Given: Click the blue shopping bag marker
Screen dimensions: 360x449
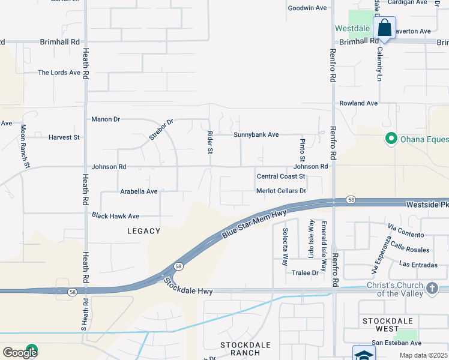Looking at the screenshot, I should [x=384, y=28].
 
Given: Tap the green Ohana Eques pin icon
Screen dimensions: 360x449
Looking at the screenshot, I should [x=391, y=139].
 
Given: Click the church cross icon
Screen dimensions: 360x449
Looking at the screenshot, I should [x=432, y=289].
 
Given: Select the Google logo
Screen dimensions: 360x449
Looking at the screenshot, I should [x=20, y=353].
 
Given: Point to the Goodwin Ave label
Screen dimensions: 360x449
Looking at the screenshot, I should [x=307, y=8].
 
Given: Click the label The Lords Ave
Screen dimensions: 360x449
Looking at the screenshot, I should [x=59, y=73].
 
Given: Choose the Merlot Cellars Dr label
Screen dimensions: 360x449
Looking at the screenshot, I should [x=281, y=191].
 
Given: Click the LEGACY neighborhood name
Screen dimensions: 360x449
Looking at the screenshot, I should [x=144, y=231].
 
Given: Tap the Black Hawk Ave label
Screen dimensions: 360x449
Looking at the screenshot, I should [x=115, y=216].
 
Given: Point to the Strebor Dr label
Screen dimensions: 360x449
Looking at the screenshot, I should [x=161, y=130].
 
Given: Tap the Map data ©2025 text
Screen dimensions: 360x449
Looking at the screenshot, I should [x=423, y=355].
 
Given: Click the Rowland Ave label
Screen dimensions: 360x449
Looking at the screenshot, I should [x=358, y=103].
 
